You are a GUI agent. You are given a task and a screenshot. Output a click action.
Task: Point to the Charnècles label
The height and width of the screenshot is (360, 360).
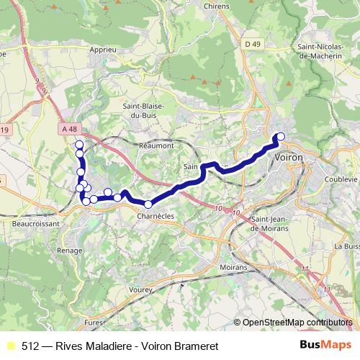[156, 216]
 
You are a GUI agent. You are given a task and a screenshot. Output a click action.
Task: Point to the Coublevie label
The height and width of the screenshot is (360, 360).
[341, 179]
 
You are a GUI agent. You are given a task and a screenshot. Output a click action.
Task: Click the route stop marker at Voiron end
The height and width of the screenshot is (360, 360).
[281, 137]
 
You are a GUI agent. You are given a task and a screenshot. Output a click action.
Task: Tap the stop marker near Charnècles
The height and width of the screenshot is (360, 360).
[148, 204]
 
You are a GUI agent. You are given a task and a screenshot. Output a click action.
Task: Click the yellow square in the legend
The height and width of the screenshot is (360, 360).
[10, 344]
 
